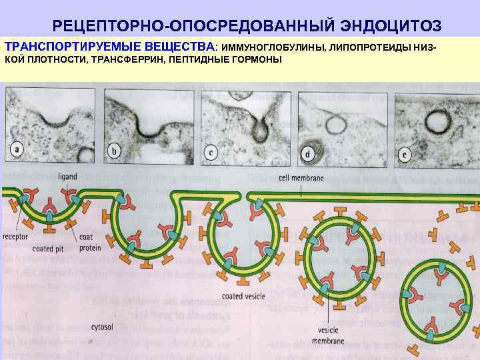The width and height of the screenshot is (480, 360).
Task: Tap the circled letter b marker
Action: click(x=114, y=151)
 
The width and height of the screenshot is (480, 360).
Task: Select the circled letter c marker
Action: click(x=211, y=152)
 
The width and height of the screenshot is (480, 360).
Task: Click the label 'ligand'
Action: click(x=67, y=176)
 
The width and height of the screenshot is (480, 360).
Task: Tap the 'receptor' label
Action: click(x=15, y=237)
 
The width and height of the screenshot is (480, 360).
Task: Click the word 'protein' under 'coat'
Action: click(x=91, y=247)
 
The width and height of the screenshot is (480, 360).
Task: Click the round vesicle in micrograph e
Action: click(x=439, y=123)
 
